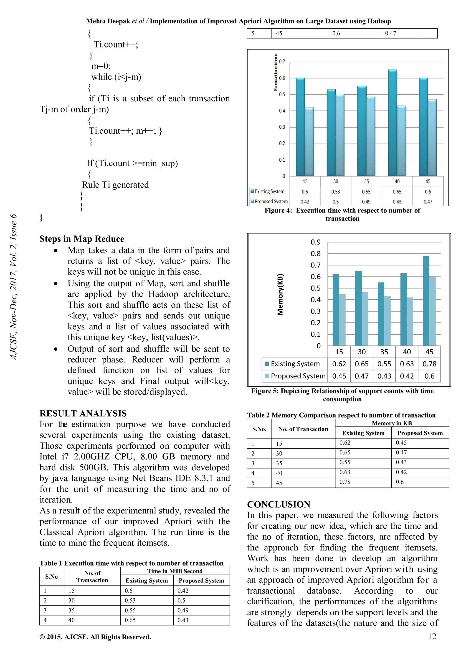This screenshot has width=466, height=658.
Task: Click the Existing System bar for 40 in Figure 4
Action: (392, 123)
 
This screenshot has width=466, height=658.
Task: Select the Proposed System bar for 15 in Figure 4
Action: (309, 142)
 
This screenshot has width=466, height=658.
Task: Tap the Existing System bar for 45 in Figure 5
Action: (426, 301)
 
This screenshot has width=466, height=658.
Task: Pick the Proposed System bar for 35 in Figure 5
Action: (387, 321)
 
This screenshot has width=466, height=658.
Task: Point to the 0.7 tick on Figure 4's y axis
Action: (282, 61)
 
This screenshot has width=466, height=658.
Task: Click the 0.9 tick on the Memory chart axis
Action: (315, 242)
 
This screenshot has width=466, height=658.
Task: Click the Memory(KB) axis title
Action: (280, 294)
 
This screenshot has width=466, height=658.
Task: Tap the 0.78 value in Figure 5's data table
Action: (429, 364)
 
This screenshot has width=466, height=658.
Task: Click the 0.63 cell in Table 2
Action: (345, 472)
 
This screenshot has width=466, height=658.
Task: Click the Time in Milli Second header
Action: (175, 571)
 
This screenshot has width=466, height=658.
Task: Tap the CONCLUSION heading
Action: (279, 504)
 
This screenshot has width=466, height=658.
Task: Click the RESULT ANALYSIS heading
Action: (83, 413)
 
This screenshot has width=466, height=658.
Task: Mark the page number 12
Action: (432, 636)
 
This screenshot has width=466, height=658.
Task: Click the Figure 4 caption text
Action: (342, 214)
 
